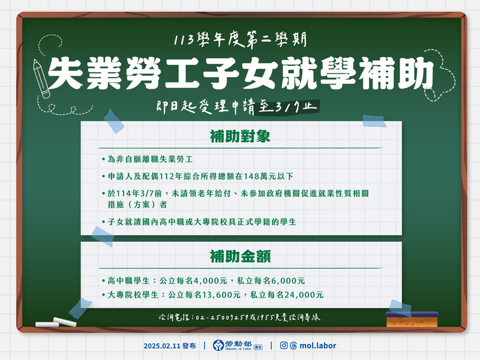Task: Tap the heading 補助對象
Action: [x=240, y=136]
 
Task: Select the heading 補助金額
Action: [x=240, y=257]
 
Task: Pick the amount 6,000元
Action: [x=289, y=281]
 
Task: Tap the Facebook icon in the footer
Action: [x=282, y=346]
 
